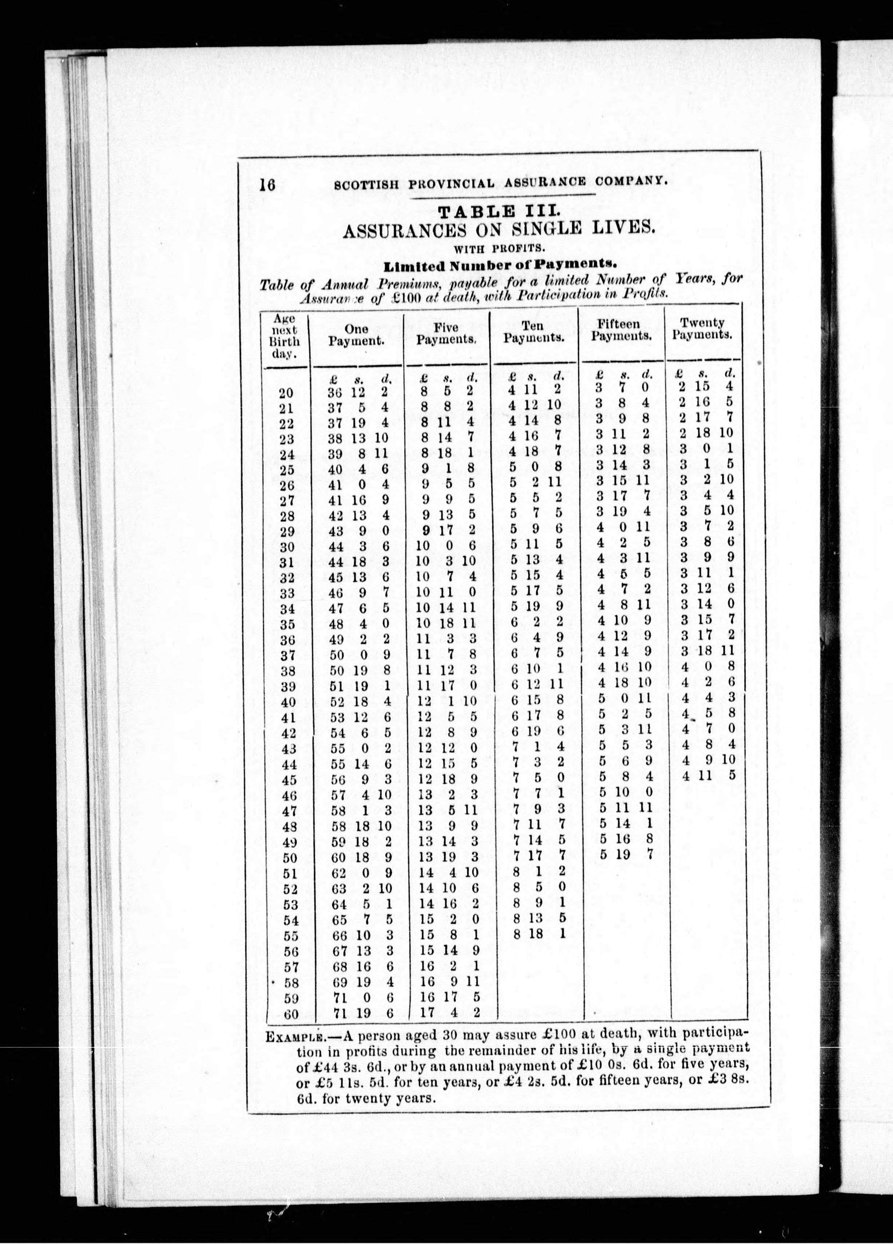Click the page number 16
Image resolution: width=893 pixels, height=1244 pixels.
pos(267,185)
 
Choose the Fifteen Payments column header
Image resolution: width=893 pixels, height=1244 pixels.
pos(621,330)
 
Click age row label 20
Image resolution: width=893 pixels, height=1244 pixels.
pos(286,393)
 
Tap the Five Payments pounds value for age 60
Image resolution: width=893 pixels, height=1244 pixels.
pos(428,1012)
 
